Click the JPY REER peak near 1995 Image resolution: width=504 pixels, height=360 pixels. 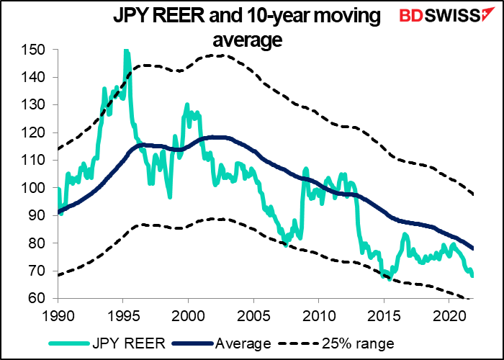tap(126, 50)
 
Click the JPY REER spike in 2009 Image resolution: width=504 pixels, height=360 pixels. tap(305, 169)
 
